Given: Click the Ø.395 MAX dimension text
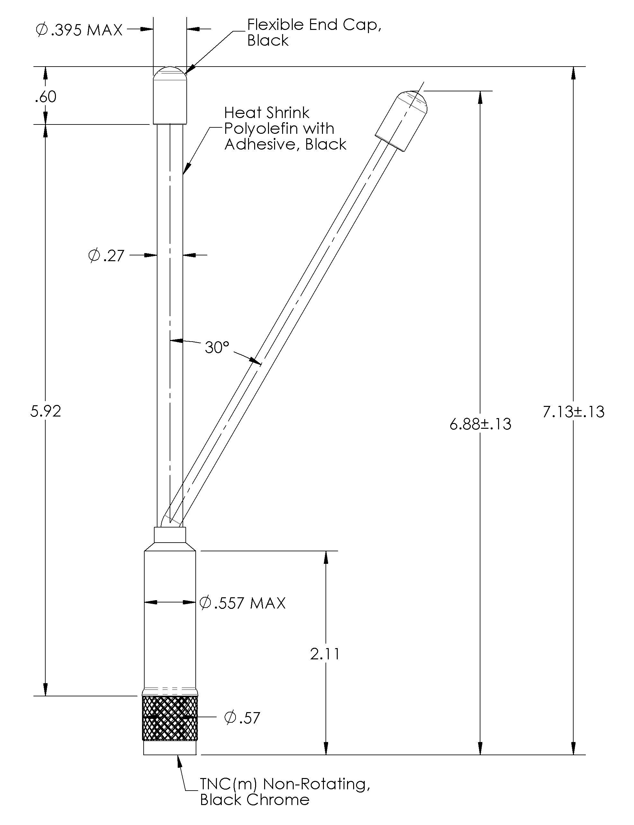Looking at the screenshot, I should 79,30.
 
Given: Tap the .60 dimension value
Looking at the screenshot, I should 46,97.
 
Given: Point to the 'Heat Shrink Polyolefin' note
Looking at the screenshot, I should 285,128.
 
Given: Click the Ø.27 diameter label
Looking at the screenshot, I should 106,256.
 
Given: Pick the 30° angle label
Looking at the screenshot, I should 217,347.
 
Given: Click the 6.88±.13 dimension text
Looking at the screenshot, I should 480,424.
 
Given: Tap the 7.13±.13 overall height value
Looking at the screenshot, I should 573,412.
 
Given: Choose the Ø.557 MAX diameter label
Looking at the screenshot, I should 242,603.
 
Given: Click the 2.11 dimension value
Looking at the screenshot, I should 325,654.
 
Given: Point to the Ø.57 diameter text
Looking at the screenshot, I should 242,718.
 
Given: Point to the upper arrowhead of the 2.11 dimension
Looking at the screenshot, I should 326,557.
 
